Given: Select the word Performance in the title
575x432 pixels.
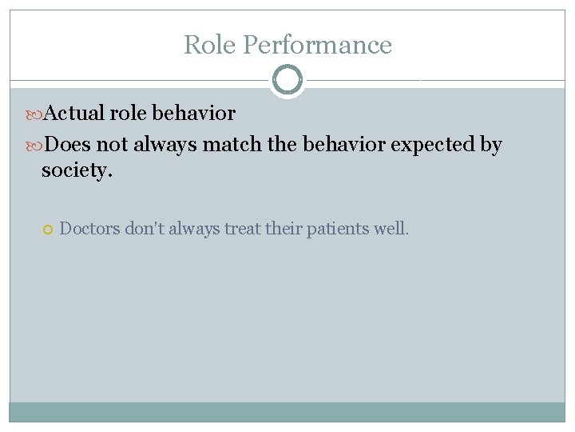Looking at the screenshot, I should coord(317,45).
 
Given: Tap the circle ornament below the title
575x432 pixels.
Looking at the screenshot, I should coord(287,80).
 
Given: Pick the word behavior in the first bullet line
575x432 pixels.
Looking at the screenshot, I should coord(194,114).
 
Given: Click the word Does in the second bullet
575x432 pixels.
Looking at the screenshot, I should coord(66,145).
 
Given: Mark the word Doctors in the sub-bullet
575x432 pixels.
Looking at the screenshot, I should coord(89,229).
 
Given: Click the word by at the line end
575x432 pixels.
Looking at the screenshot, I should coord(490,146).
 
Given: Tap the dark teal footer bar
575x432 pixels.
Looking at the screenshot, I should coord(287,411).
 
